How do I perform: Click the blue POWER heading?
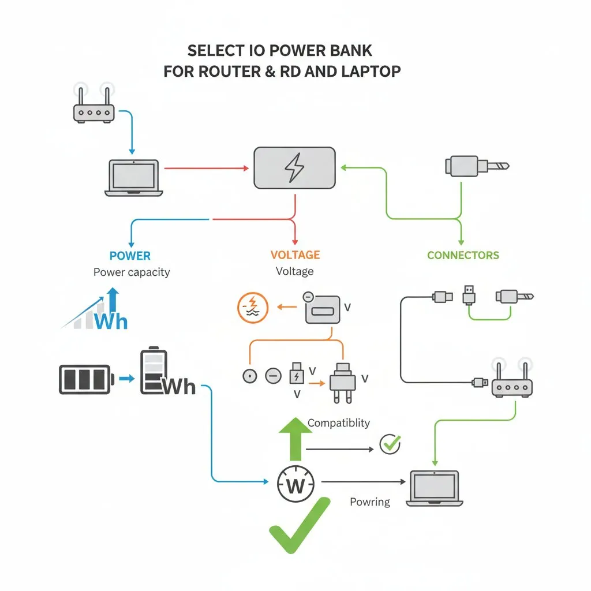tap(130, 256)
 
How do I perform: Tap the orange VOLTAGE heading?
tap(294, 255)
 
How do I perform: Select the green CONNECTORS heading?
tap(463, 255)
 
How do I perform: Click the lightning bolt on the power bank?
tap(294, 167)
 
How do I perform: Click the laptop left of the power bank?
tap(134, 177)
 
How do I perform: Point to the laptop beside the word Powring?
tap(434, 488)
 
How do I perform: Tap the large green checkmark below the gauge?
tap(298, 526)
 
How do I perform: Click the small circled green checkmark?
tap(390, 444)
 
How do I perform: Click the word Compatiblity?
tap(338, 423)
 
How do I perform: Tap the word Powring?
tap(370, 502)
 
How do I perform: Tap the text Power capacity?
tap(132, 272)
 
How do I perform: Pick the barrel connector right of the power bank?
tap(476, 166)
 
